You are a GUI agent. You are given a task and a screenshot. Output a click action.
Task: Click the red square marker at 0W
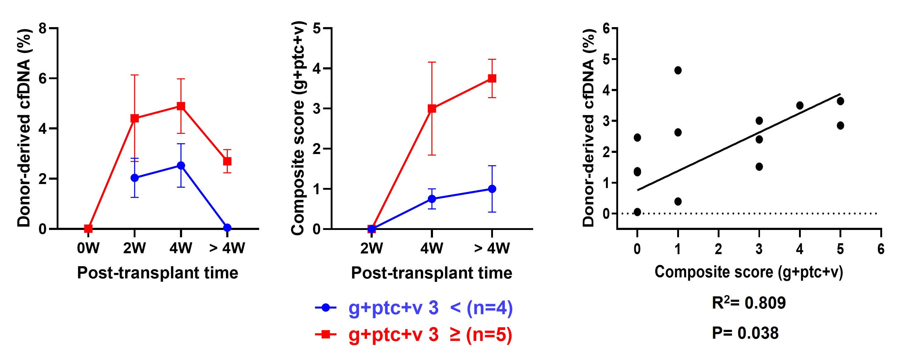[88, 228]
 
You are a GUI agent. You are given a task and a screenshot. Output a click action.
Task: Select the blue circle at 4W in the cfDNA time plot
[181, 165]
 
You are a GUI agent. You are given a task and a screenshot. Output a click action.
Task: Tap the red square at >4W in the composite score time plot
[492, 78]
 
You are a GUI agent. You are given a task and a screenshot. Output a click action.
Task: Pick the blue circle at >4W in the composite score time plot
[492, 189]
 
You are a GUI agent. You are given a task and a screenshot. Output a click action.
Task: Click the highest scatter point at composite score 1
[677, 70]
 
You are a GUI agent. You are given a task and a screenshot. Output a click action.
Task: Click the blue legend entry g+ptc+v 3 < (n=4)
[414, 308]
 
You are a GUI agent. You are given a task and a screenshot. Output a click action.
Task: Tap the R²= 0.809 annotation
[749, 303]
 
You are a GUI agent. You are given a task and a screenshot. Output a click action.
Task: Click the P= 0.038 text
[745, 333]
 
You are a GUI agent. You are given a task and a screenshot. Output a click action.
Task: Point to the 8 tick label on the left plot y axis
[43, 28]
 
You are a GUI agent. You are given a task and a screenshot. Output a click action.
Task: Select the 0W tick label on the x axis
[88, 248]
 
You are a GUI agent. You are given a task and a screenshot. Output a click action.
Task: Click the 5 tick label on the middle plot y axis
[317, 28]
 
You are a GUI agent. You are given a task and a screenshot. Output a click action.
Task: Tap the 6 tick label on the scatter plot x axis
[881, 249]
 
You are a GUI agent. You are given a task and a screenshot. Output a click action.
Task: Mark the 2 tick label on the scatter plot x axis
[718, 249]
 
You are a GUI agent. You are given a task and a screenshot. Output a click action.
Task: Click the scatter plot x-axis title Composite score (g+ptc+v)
[749, 272]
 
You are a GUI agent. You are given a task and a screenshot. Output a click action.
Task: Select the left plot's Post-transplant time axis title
[157, 273]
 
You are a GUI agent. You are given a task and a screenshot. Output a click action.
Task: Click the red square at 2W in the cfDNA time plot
[135, 118]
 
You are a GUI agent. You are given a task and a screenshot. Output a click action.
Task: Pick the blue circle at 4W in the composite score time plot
[432, 199]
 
